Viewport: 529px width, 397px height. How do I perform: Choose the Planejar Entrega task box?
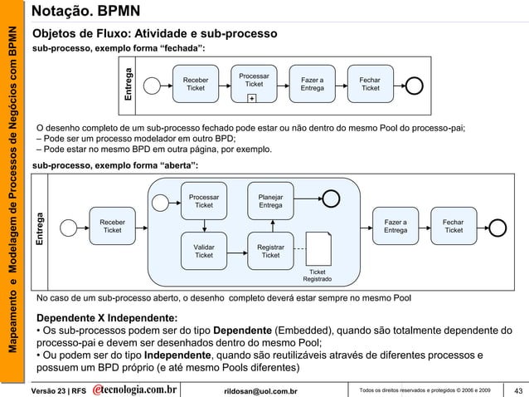[270, 200]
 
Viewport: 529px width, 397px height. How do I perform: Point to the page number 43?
[518, 390]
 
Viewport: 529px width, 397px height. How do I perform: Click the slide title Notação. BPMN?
[85, 12]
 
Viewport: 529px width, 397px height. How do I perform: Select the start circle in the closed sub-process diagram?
[152, 84]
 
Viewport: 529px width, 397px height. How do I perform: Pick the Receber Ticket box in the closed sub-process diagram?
[196, 84]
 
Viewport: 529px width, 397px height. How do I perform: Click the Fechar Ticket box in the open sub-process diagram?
[453, 226]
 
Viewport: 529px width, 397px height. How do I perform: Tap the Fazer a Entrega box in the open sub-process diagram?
[395, 226]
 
